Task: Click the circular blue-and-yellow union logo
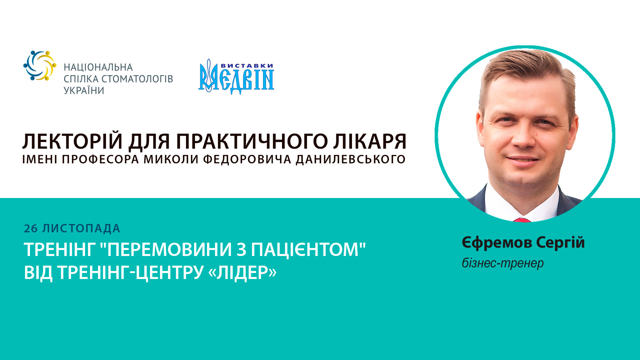[40, 65]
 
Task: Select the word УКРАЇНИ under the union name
[84, 90]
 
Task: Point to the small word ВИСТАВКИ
[247, 66]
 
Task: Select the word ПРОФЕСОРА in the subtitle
[100, 159]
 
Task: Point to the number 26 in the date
[31, 229]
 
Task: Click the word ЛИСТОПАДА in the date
[81, 229]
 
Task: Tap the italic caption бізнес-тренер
[503, 263]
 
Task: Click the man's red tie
[522, 220]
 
